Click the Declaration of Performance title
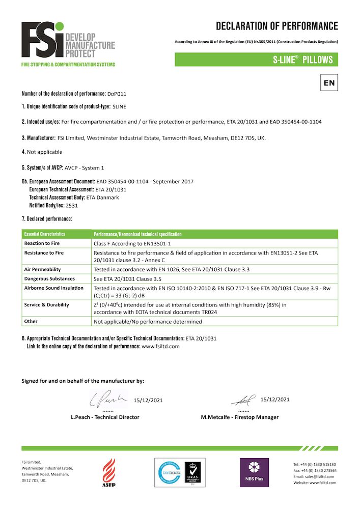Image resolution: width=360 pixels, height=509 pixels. click(x=276, y=26)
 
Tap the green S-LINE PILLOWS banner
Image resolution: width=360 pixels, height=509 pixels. click(x=256, y=60)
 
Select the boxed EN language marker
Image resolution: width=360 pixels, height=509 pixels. click(x=329, y=82)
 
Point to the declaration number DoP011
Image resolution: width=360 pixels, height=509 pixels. click(x=117, y=94)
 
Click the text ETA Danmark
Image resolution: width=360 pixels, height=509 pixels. click(x=107, y=197)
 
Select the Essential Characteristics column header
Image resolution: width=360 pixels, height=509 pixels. click(x=45, y=234)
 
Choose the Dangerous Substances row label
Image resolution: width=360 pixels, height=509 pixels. click(x=49, y=278)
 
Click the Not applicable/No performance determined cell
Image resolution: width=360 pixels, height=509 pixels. click(x=148, y=322)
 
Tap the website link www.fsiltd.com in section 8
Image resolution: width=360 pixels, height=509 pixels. click(x=161, y=346)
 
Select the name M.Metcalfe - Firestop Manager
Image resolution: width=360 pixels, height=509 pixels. click(x=239, y=417)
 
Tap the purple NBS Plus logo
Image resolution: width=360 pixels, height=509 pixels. click(x=254, y=472)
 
